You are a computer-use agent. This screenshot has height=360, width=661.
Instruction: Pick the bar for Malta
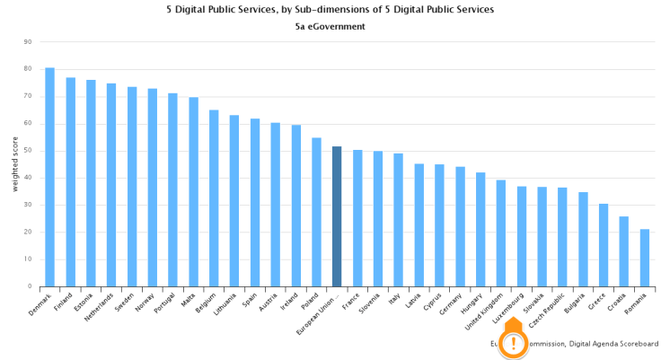click(x=193, y=192)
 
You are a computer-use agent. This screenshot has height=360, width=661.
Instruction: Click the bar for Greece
click(x=604, y=246)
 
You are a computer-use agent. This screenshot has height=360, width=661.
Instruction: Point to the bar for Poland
click(x=316, y=213)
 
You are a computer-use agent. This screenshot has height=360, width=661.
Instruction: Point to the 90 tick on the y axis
click(x=28, y=41)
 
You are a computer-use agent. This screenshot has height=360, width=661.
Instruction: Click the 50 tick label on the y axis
click(x=28, y=151)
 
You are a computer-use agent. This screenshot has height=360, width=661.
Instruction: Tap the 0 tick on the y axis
click(x=30, y=287)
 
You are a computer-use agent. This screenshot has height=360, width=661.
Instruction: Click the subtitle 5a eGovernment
click(x=330, y=27)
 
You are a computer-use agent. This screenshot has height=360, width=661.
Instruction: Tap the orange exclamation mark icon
click(x=513, y=343)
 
